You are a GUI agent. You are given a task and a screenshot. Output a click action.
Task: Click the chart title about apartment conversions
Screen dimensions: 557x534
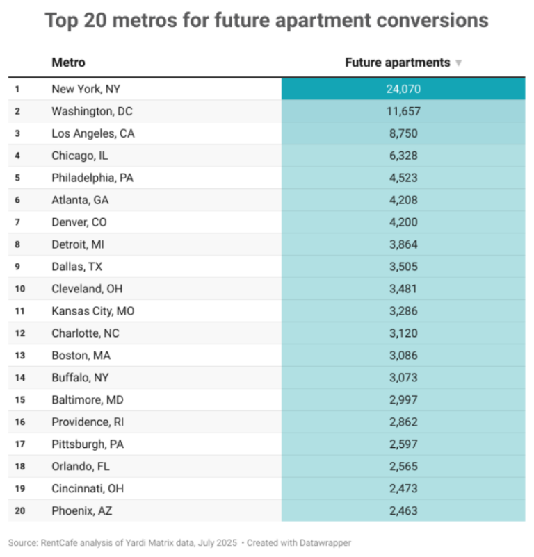coord(266,20)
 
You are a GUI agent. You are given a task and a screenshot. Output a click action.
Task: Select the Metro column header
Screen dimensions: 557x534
coord(68,63)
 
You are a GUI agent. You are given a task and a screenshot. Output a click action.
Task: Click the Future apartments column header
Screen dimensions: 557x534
coord(398,63)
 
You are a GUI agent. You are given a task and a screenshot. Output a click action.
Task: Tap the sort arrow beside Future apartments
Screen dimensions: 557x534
coord(458,63)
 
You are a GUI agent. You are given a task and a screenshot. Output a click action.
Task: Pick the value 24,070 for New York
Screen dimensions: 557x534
coord(403,89)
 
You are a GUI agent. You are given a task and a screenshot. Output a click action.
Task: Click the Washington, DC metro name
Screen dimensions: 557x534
coord(90,111)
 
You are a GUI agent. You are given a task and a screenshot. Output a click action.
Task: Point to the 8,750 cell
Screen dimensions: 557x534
coord(403,133)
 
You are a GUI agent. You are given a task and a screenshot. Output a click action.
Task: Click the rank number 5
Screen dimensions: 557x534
coord(17,178)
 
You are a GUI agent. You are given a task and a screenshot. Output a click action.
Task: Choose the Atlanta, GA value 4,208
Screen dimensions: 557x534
coord(403,200)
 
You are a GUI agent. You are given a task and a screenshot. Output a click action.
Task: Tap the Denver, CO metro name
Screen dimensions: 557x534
coord(79,222)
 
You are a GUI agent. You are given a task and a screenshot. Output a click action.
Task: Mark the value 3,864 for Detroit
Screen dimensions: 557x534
coord(403,244)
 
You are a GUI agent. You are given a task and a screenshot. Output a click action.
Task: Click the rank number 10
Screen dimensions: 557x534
coord(19,289)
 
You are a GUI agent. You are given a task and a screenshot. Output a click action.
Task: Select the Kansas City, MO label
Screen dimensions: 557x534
coord(92,311)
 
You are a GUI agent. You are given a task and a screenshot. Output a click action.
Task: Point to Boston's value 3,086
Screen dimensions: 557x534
coord(403,356)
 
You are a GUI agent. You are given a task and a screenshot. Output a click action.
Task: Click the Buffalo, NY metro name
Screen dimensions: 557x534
coord(80,378)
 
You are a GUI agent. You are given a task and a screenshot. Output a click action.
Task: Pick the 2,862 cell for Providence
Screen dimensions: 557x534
coord(403,422)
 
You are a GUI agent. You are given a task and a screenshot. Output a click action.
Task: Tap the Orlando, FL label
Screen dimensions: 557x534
coord(80,467)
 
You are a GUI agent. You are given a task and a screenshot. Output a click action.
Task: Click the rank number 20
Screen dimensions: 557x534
coord(19,511)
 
